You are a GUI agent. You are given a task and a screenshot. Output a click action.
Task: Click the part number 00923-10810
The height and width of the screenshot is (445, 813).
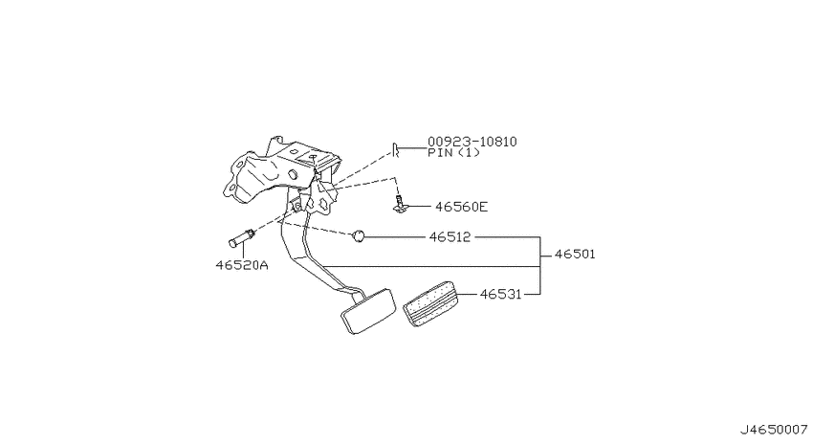click(472, 142)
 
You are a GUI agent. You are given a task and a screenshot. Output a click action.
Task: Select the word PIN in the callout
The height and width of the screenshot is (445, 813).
click(440, 153)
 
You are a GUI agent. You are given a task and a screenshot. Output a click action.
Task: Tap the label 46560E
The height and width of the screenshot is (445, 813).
click(461, 207)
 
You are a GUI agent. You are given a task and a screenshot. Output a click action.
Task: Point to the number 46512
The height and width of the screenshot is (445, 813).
click(450, 237)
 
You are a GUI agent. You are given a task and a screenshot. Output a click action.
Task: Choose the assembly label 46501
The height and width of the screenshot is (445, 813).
click(575, 255)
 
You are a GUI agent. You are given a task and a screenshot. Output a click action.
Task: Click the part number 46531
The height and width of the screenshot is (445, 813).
click(500, 294)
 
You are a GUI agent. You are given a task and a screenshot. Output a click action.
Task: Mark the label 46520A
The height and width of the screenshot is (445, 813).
click(242, 265)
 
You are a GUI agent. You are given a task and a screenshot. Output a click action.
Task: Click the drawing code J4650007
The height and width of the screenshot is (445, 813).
click(774, 430)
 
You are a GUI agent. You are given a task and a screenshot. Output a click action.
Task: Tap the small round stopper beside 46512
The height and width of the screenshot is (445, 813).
click(359, 236)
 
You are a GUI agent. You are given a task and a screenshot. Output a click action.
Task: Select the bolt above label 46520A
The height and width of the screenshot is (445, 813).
click(241, 238)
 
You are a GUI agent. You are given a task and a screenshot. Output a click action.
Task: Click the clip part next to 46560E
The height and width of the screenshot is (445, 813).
click(399, 204)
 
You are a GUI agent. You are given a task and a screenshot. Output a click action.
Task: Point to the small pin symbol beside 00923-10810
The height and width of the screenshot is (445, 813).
click(395, 150)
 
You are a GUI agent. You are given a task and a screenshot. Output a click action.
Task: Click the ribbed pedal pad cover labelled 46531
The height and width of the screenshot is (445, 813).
click(430, 304)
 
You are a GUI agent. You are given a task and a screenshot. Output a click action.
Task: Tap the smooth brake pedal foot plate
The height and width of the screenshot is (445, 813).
click(368, 311)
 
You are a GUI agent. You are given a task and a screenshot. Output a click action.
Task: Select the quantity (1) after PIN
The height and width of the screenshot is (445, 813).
click(469, 153)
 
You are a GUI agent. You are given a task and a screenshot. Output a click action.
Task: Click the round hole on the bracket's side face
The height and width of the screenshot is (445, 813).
click(292, 174)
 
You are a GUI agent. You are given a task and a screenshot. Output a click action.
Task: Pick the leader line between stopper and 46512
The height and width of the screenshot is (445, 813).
click(395, 237)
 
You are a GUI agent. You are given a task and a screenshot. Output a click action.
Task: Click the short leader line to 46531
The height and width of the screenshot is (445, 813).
click(468, 294)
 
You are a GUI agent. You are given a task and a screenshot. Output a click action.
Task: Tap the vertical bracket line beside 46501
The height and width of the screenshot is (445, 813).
click(540, 265)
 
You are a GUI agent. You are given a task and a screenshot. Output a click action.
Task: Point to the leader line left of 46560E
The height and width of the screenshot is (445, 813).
click(419, 207)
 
